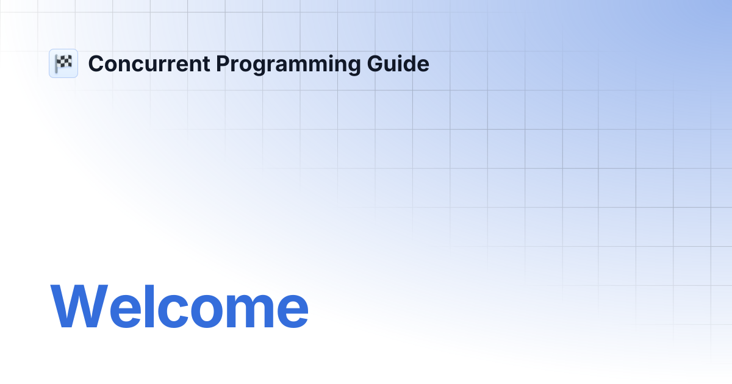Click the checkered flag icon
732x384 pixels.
click(63, 63)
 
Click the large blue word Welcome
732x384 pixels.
click(179, 306)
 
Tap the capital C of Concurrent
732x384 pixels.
click(95, 64)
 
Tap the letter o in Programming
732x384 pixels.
click(246, 66)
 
